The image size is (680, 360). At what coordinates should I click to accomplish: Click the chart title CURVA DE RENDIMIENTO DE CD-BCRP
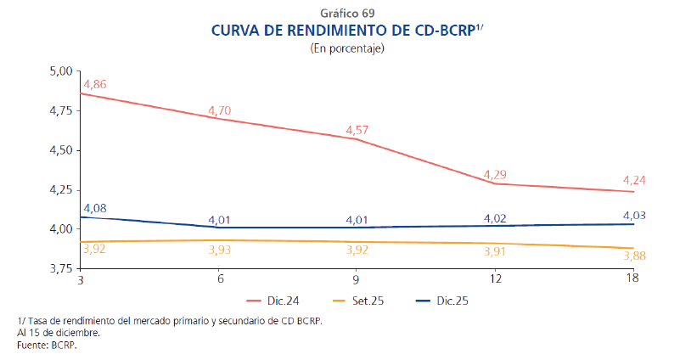click(x=341, y=31)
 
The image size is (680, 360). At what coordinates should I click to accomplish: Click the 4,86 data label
click(x=94, y=84)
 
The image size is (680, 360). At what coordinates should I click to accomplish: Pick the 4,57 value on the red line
click(x=357, y=130)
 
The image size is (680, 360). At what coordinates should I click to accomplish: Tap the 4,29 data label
click(x=495, y=175)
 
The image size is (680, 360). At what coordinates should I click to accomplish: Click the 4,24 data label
click(x=634, y=180)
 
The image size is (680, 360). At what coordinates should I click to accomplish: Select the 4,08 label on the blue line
click(x=94, y=208)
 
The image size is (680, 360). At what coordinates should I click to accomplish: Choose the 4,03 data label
click(x=634, y=215)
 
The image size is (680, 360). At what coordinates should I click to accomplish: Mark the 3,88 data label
click(x=634, y=254)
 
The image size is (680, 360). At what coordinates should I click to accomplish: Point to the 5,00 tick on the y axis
click(x=61, y=71)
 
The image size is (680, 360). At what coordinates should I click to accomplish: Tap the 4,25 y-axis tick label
click(x=61, y=190)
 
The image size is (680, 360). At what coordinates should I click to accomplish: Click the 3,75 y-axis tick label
click(x=61, y=268)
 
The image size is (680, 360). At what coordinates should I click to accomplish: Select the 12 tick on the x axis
click(x=494, y=279)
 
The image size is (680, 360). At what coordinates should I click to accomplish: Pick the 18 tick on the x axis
click(x=632, y=279)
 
